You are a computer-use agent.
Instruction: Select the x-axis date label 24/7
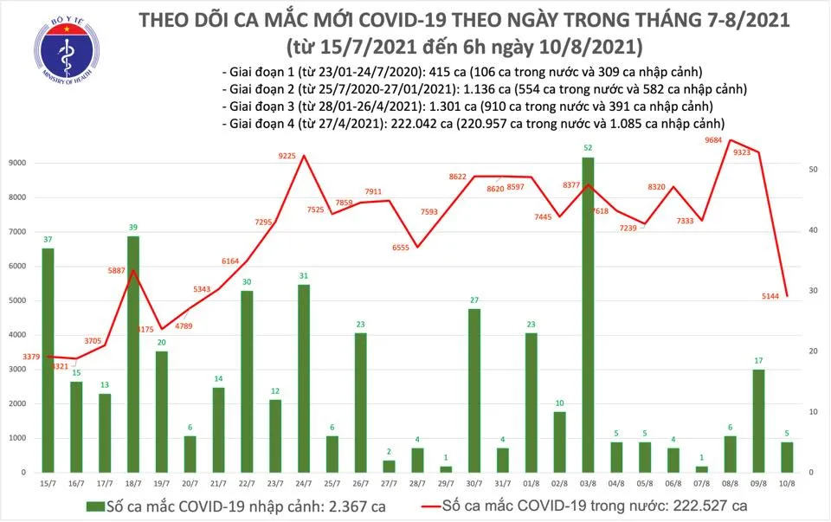[x=304, y=482]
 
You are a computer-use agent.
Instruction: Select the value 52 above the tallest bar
[x=588, y=148]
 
